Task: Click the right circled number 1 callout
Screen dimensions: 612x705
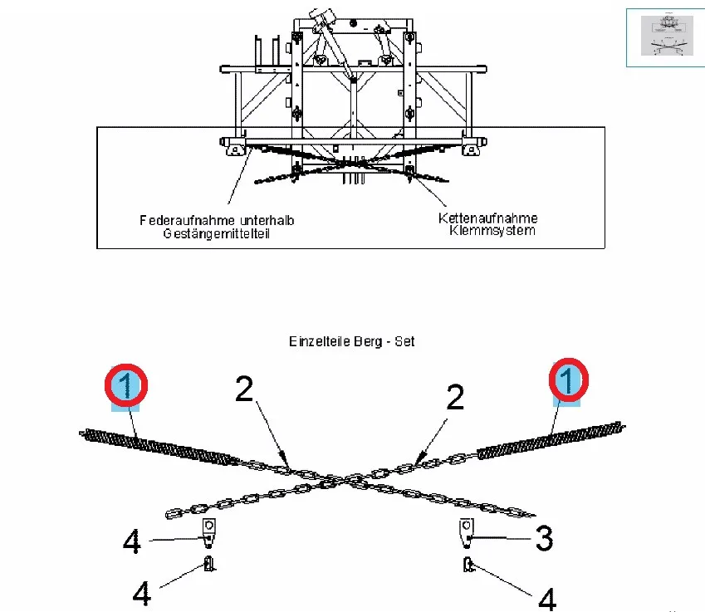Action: click(567, 382)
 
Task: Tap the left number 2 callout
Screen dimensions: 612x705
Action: click(243, 389)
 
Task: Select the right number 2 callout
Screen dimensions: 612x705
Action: click(454, 398)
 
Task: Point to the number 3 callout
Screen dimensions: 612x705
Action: click(543, 539)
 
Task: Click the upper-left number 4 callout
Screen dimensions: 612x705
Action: click(132, 542)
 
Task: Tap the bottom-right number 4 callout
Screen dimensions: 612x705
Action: click(546, 598)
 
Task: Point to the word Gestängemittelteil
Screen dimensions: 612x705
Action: click(218, 233)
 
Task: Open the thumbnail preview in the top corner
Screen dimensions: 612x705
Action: click(664, 36)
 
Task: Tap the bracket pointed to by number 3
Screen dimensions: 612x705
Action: click(468, 531)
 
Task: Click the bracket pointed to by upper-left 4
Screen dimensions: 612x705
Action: click(209, 531)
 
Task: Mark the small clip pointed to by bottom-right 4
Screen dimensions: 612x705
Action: click(468, 565)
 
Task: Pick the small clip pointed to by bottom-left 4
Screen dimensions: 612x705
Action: click(208, 565)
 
